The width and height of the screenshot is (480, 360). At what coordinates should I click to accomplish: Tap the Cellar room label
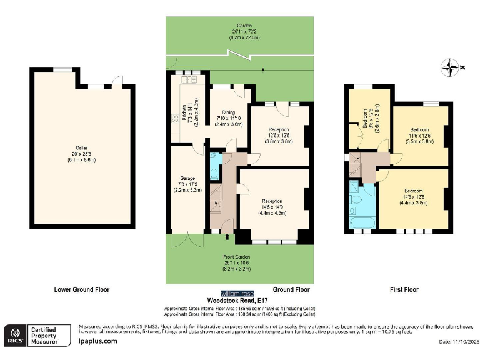pos(82,152)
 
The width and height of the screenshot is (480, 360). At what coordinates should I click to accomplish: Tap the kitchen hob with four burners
pos(172,117)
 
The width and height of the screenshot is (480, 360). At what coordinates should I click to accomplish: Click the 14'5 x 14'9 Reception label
pos(272,207)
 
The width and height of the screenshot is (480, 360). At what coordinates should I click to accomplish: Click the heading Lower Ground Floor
pos(82,289)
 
